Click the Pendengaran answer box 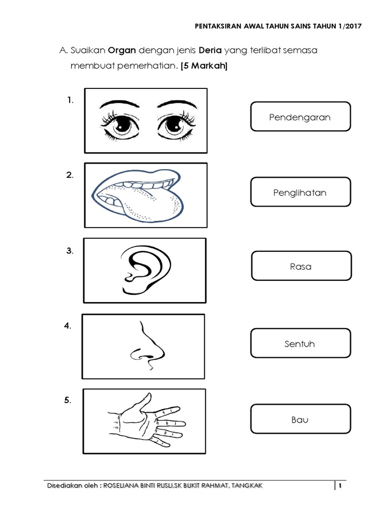point(300,117)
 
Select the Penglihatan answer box point(301,192)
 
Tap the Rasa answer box point(301,266)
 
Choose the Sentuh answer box point(300,343)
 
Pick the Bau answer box point(300,419)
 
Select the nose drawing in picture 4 point(148,347)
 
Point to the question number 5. point(68,401)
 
